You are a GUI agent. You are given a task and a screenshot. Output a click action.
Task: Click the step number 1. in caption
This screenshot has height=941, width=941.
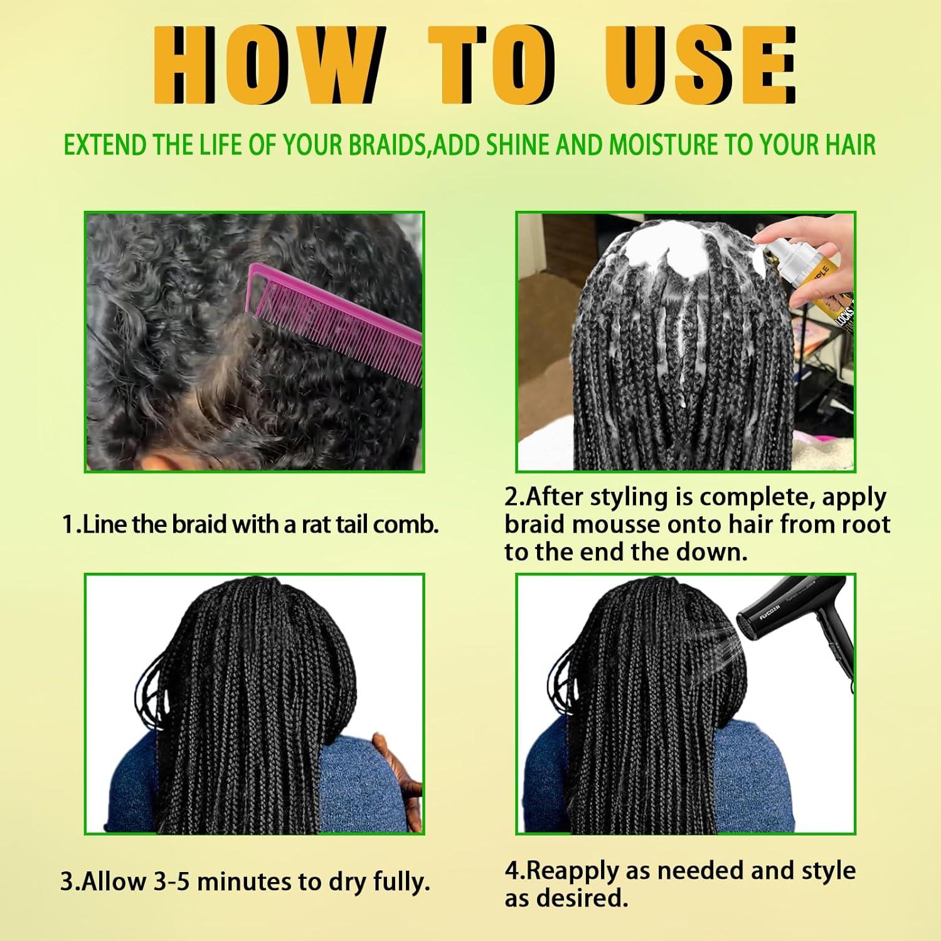(71, 524)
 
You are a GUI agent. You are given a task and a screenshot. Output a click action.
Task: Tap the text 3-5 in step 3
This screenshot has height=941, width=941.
(172, 881)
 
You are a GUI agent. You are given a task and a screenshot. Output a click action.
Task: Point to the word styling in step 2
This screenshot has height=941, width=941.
(629, 497)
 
